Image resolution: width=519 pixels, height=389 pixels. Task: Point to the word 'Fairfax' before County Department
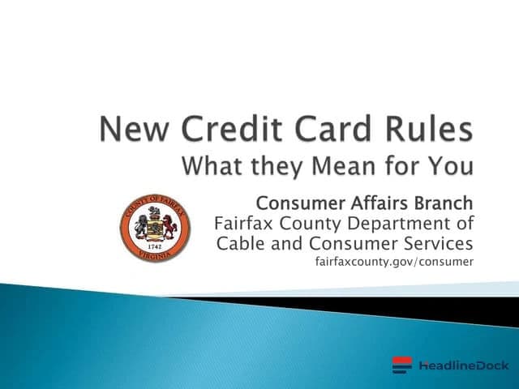click(x=242, y=222)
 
